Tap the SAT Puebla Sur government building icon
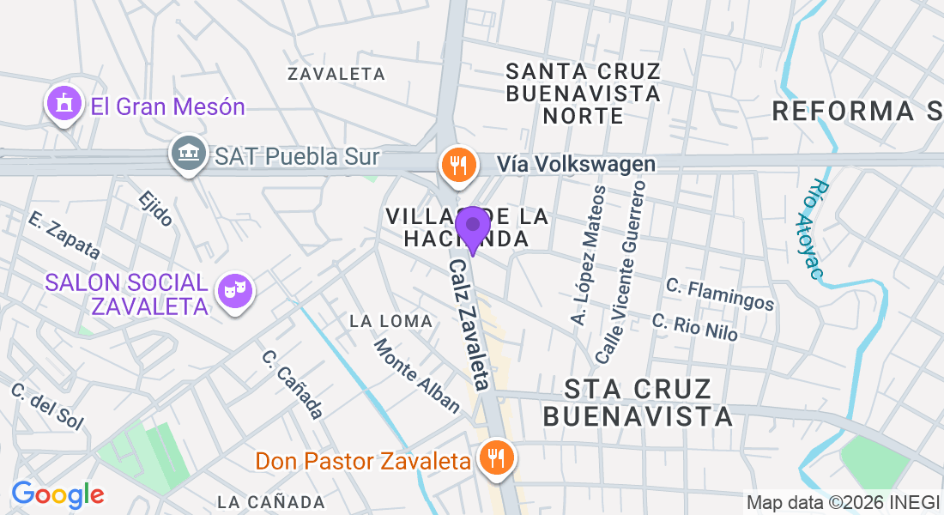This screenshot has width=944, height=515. point(189,154)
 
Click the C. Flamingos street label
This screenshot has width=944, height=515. point(720,294)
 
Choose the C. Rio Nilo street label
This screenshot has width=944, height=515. point(694,327)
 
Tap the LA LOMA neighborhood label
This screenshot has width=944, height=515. point(391,321)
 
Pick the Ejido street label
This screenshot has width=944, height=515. point(155,209)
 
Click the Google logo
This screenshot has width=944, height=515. point(57,494)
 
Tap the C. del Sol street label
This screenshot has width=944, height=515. point(47,406)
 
